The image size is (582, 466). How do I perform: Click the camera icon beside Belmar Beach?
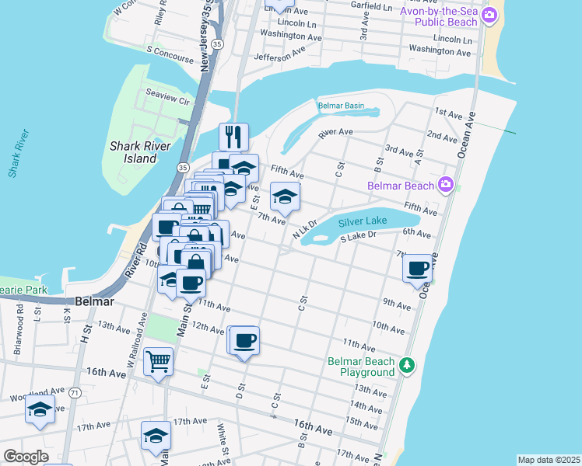point(445,184)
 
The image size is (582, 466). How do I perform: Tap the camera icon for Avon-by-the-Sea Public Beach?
point(489,15)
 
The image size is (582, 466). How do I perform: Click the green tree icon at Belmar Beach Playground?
point(405,364)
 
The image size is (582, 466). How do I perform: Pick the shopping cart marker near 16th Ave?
point(158,360)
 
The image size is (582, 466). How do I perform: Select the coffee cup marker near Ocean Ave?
point(418,268)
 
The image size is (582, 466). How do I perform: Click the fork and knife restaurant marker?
point(233,137)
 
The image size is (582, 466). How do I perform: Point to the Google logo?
point(26,457)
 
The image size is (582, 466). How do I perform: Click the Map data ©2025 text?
point(549,460)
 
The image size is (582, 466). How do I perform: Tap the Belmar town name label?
point(96,301)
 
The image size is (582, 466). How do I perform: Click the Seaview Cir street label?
point(169,101)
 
